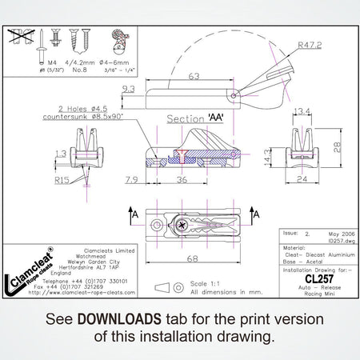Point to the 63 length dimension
[x=194, y=76]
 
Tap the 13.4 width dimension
[x=302, y=111]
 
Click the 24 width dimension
[x=302, y=181]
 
